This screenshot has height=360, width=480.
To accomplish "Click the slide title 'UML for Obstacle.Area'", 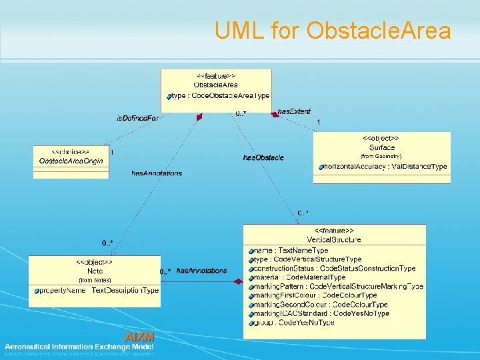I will point(333,30).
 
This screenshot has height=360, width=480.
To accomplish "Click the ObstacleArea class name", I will point(216,85).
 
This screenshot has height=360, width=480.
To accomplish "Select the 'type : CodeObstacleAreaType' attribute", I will point(220,96).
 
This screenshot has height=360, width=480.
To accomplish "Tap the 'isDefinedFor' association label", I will point(138,119).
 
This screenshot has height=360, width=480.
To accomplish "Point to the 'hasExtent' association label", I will point(294,111).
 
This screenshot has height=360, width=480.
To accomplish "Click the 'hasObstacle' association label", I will point(263,158).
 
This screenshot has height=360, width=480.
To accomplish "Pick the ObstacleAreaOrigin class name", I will point(70,161).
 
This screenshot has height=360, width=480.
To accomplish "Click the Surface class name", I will point(381,147).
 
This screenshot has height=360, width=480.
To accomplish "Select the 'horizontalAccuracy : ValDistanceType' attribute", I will point(385,166).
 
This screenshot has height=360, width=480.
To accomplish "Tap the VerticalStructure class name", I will point(334,239).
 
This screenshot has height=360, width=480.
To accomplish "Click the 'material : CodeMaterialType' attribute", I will point(300,277).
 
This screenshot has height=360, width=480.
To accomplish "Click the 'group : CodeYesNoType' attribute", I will point(295,323).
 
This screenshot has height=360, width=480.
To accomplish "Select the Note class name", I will point(95,271).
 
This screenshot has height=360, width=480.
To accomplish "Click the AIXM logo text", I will point(139,337).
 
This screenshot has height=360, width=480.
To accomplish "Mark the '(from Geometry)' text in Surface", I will point(381,157).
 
